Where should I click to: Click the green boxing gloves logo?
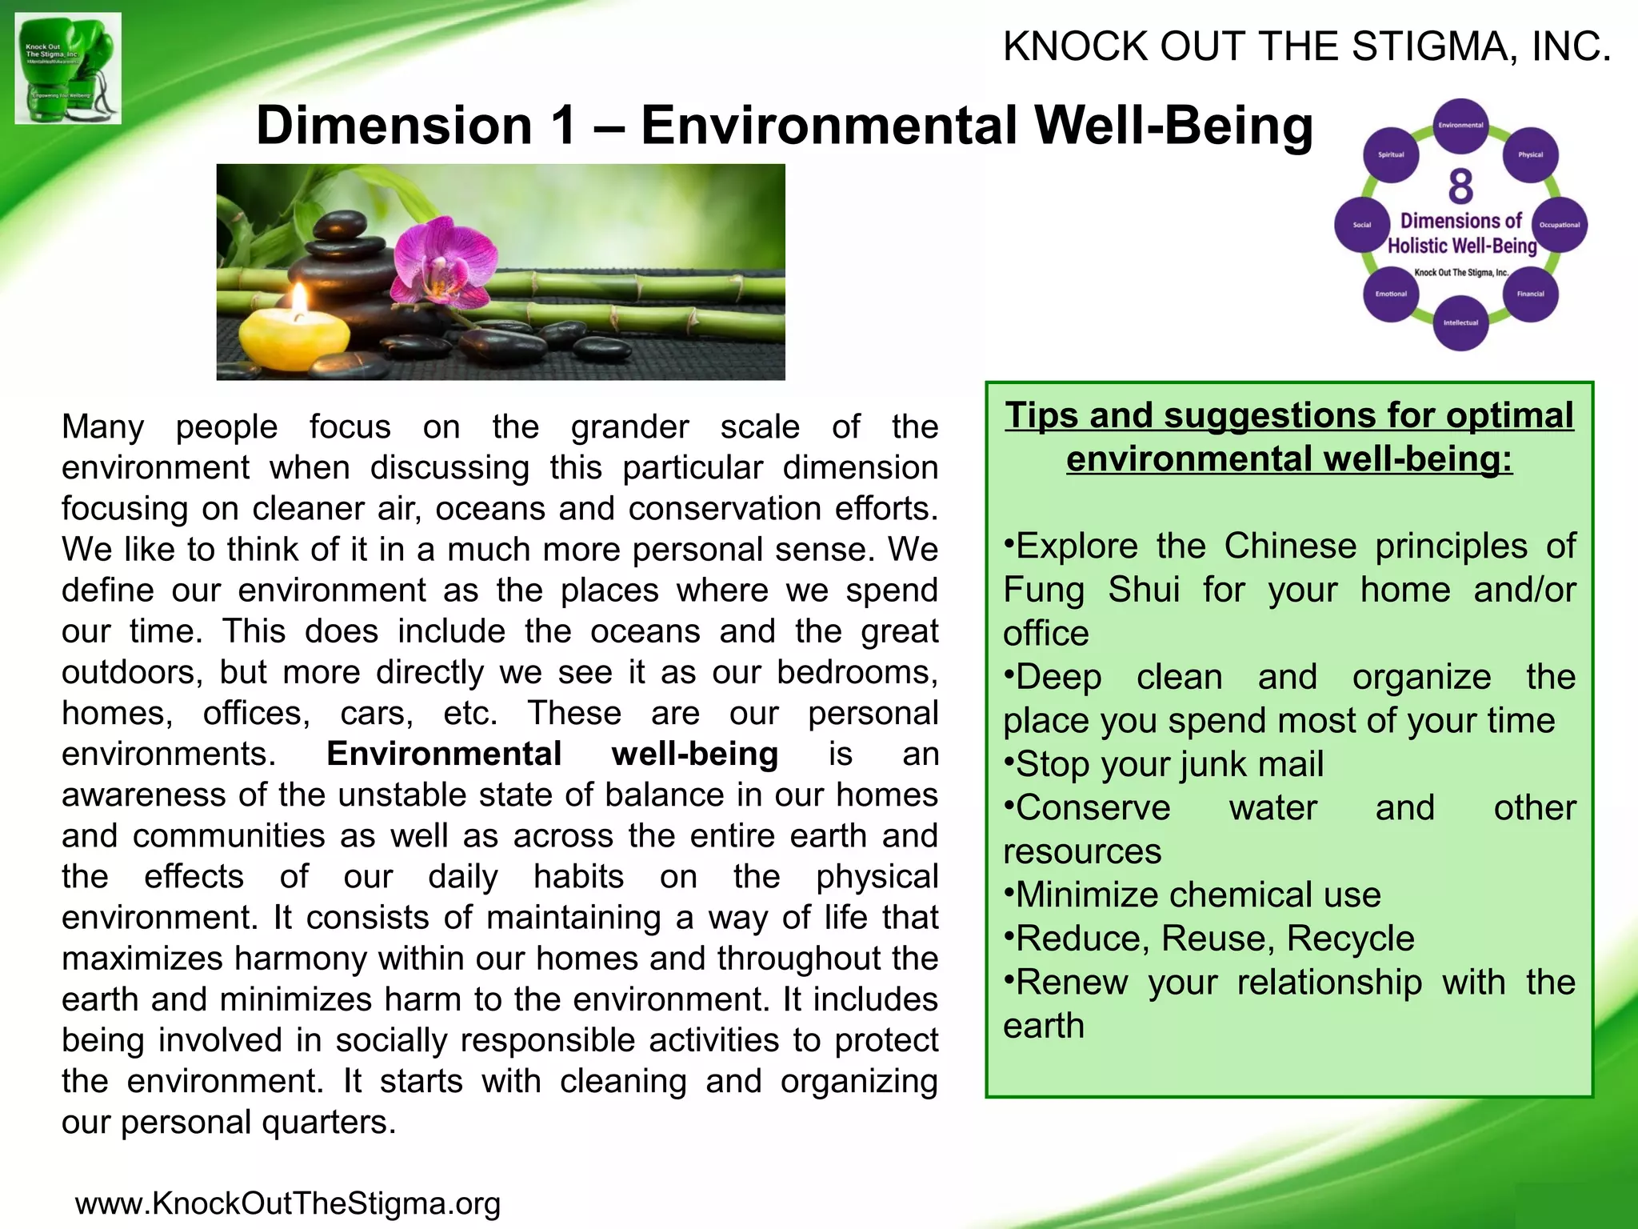(68, 68)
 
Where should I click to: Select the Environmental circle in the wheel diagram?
(1460, 126)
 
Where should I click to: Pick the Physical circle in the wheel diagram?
(1530, 155)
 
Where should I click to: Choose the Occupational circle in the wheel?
(1559, 225)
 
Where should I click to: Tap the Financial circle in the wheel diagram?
(1530, 294)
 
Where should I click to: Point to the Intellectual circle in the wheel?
(1460, 323)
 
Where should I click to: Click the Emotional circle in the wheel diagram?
(1391, 294)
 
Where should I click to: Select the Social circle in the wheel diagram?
(1362, 225)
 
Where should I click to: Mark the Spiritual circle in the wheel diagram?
(1391, 155)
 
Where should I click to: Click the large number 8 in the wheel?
(1460, 186)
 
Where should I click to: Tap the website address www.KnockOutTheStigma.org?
(288, 1203)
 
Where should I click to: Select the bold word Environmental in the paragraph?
(444, 754)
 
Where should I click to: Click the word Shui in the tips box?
(1144, 590)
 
